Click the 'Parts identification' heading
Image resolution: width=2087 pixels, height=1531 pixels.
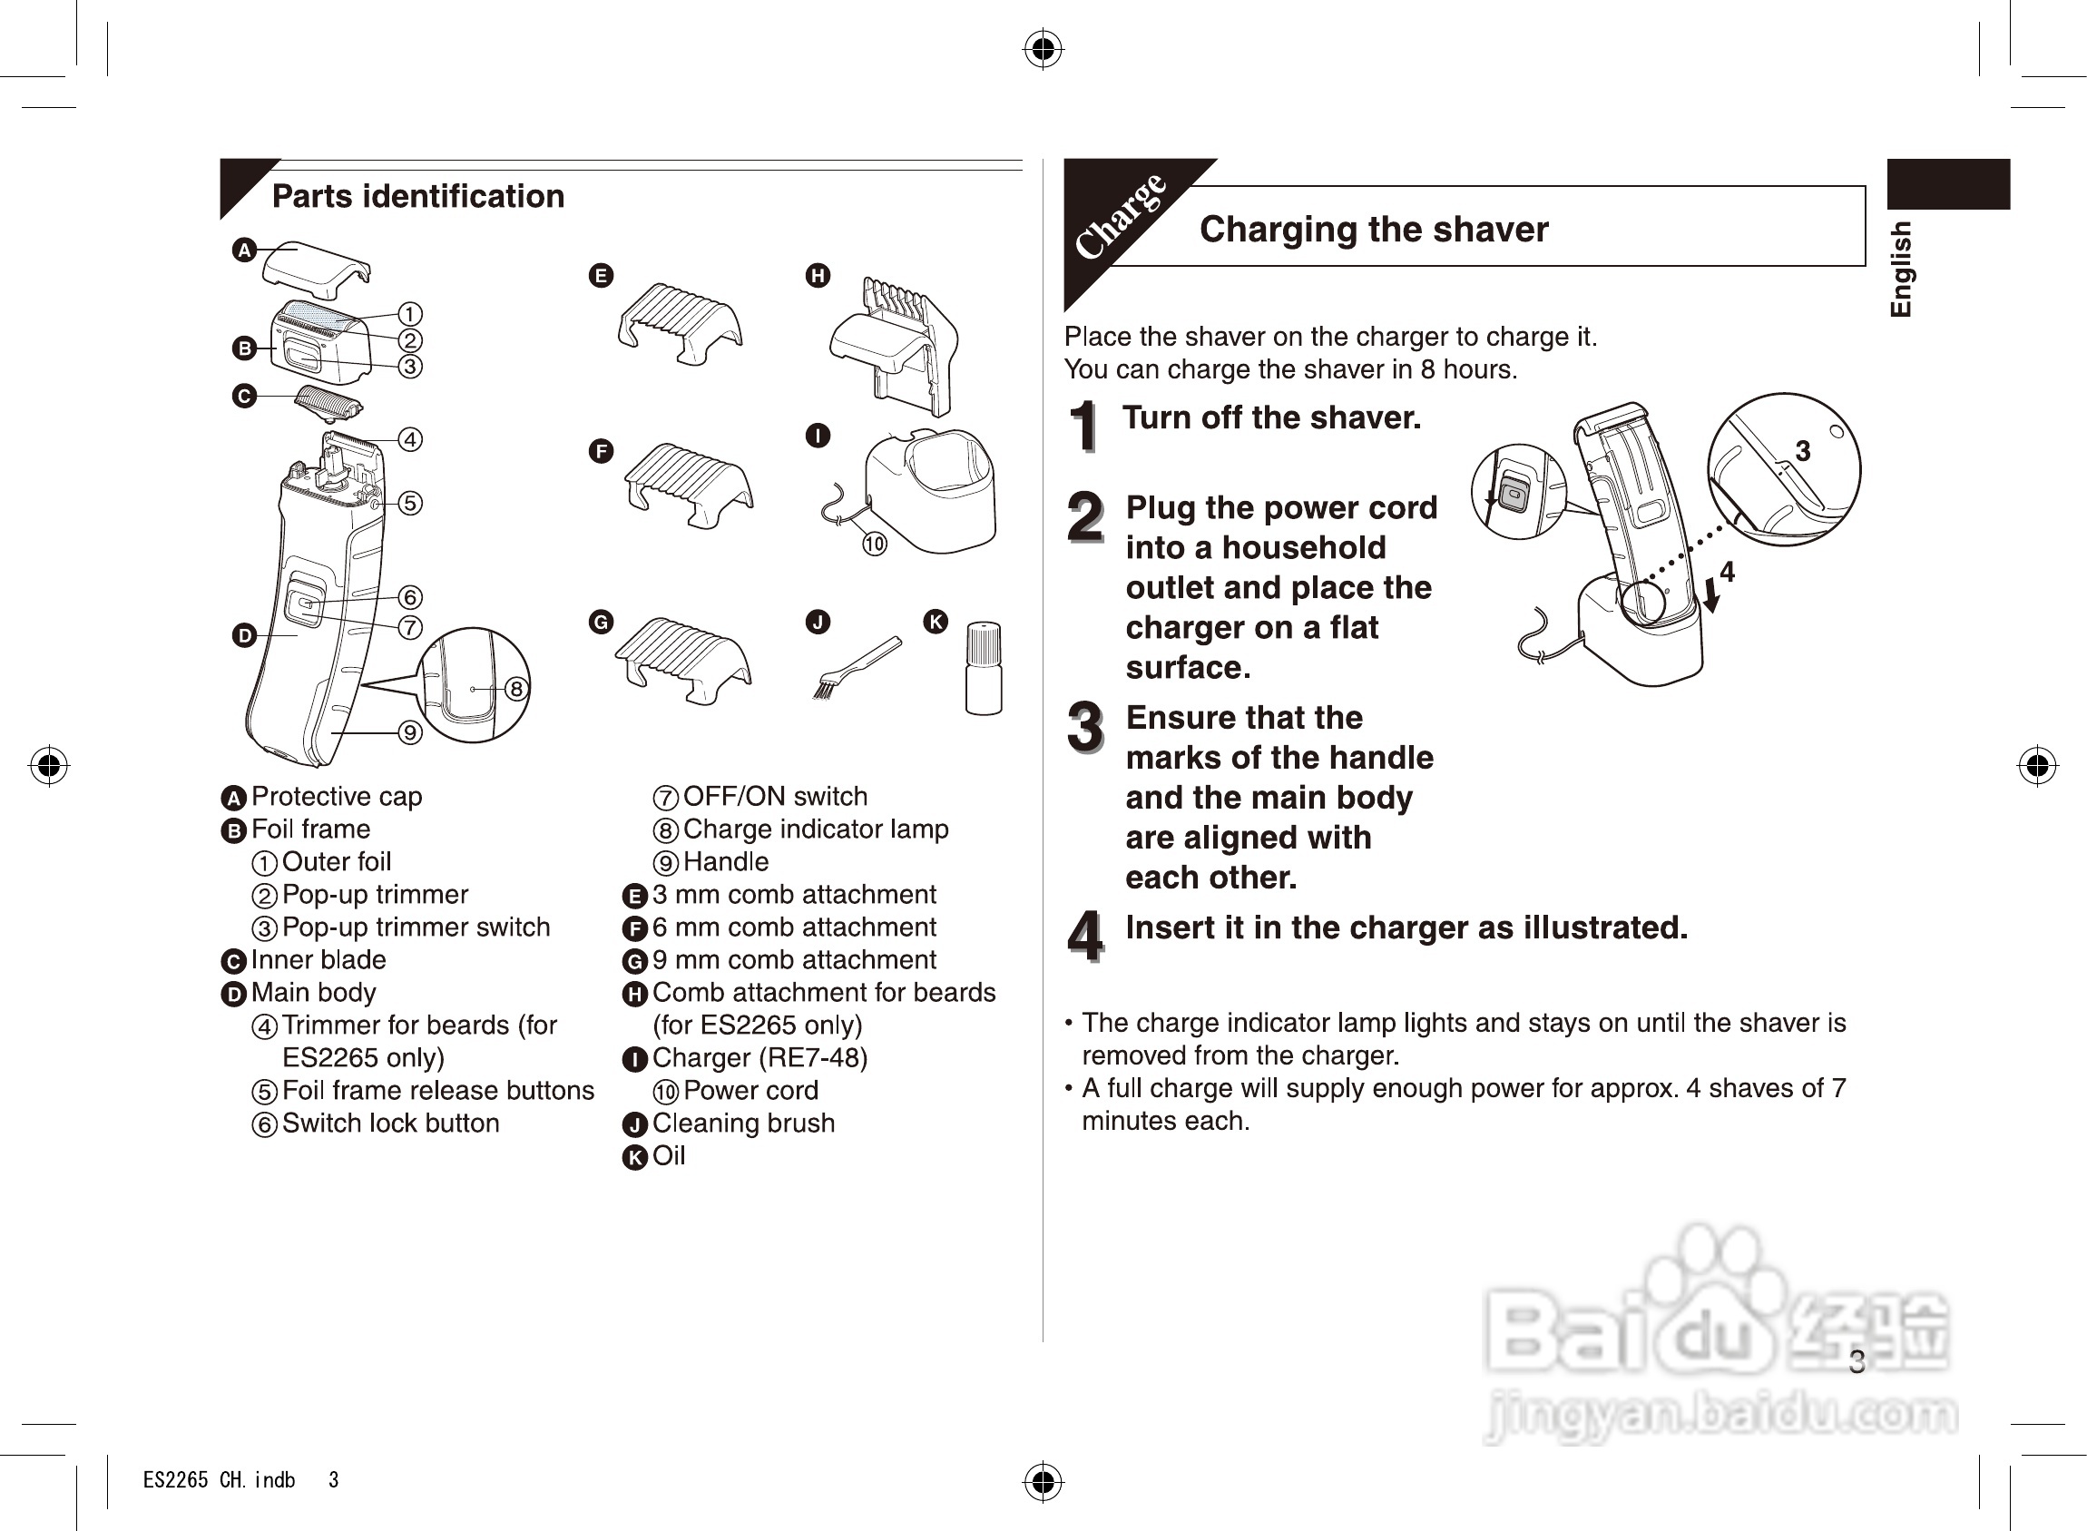418,196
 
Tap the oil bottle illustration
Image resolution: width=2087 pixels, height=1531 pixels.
984,668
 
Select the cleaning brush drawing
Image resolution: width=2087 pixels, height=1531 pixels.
857,667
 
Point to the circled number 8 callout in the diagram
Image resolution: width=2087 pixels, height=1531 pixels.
516,689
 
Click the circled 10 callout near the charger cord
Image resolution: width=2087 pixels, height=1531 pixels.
875,544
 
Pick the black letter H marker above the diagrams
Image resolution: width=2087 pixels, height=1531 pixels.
818,275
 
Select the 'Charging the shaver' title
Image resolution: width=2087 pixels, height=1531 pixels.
1374,229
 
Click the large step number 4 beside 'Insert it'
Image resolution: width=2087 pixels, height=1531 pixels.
1085,935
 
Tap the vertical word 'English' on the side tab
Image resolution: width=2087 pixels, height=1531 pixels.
1901,269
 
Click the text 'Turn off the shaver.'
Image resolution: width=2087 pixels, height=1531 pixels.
1271,418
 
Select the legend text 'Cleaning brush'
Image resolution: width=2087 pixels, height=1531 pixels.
743,1124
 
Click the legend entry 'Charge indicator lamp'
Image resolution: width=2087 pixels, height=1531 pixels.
816,829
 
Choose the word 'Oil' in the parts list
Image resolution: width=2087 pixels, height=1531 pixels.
668,1155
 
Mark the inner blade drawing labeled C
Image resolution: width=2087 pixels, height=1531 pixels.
328,403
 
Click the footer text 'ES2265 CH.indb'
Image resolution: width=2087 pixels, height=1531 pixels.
219,1480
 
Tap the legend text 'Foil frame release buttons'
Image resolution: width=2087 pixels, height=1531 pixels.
438,1091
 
